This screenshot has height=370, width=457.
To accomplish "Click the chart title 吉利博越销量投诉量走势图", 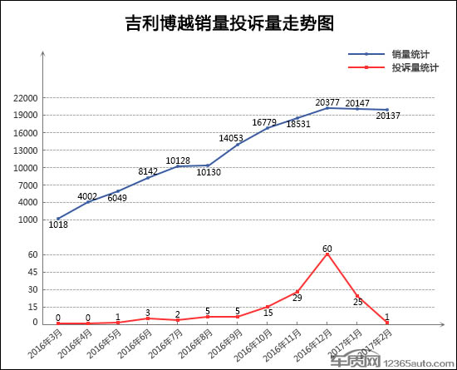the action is click(x=229, y=23).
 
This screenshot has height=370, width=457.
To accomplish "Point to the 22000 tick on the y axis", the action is click(x=26, y=98).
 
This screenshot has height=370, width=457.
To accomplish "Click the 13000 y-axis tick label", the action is click(x=26, y=150).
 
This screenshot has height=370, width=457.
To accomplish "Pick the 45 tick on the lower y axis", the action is click(x=33, y=273).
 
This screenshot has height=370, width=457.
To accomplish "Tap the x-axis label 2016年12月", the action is click(x=313, y=344).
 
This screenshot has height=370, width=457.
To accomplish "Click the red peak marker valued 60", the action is click(x=327, y=254).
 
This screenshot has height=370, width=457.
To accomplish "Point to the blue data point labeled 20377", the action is click(x=327, y=108).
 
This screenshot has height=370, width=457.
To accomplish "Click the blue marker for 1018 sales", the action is click(x=58, y=219).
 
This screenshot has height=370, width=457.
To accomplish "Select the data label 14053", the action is click(x=231, y=138).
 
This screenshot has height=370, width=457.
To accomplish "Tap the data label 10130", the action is click(x=209, y=172).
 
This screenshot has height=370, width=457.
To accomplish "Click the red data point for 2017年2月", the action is click(x=387, y=323).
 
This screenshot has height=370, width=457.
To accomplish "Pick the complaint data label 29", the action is click(x=297, y=298).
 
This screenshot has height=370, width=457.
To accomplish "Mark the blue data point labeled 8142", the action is click(x=148, y=178).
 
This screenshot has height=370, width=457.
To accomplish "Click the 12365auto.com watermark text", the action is click(x=419, y=363).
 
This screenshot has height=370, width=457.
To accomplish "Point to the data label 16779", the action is click(x=264, y=122).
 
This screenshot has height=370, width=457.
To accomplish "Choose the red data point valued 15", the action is click(x=268, y=307).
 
